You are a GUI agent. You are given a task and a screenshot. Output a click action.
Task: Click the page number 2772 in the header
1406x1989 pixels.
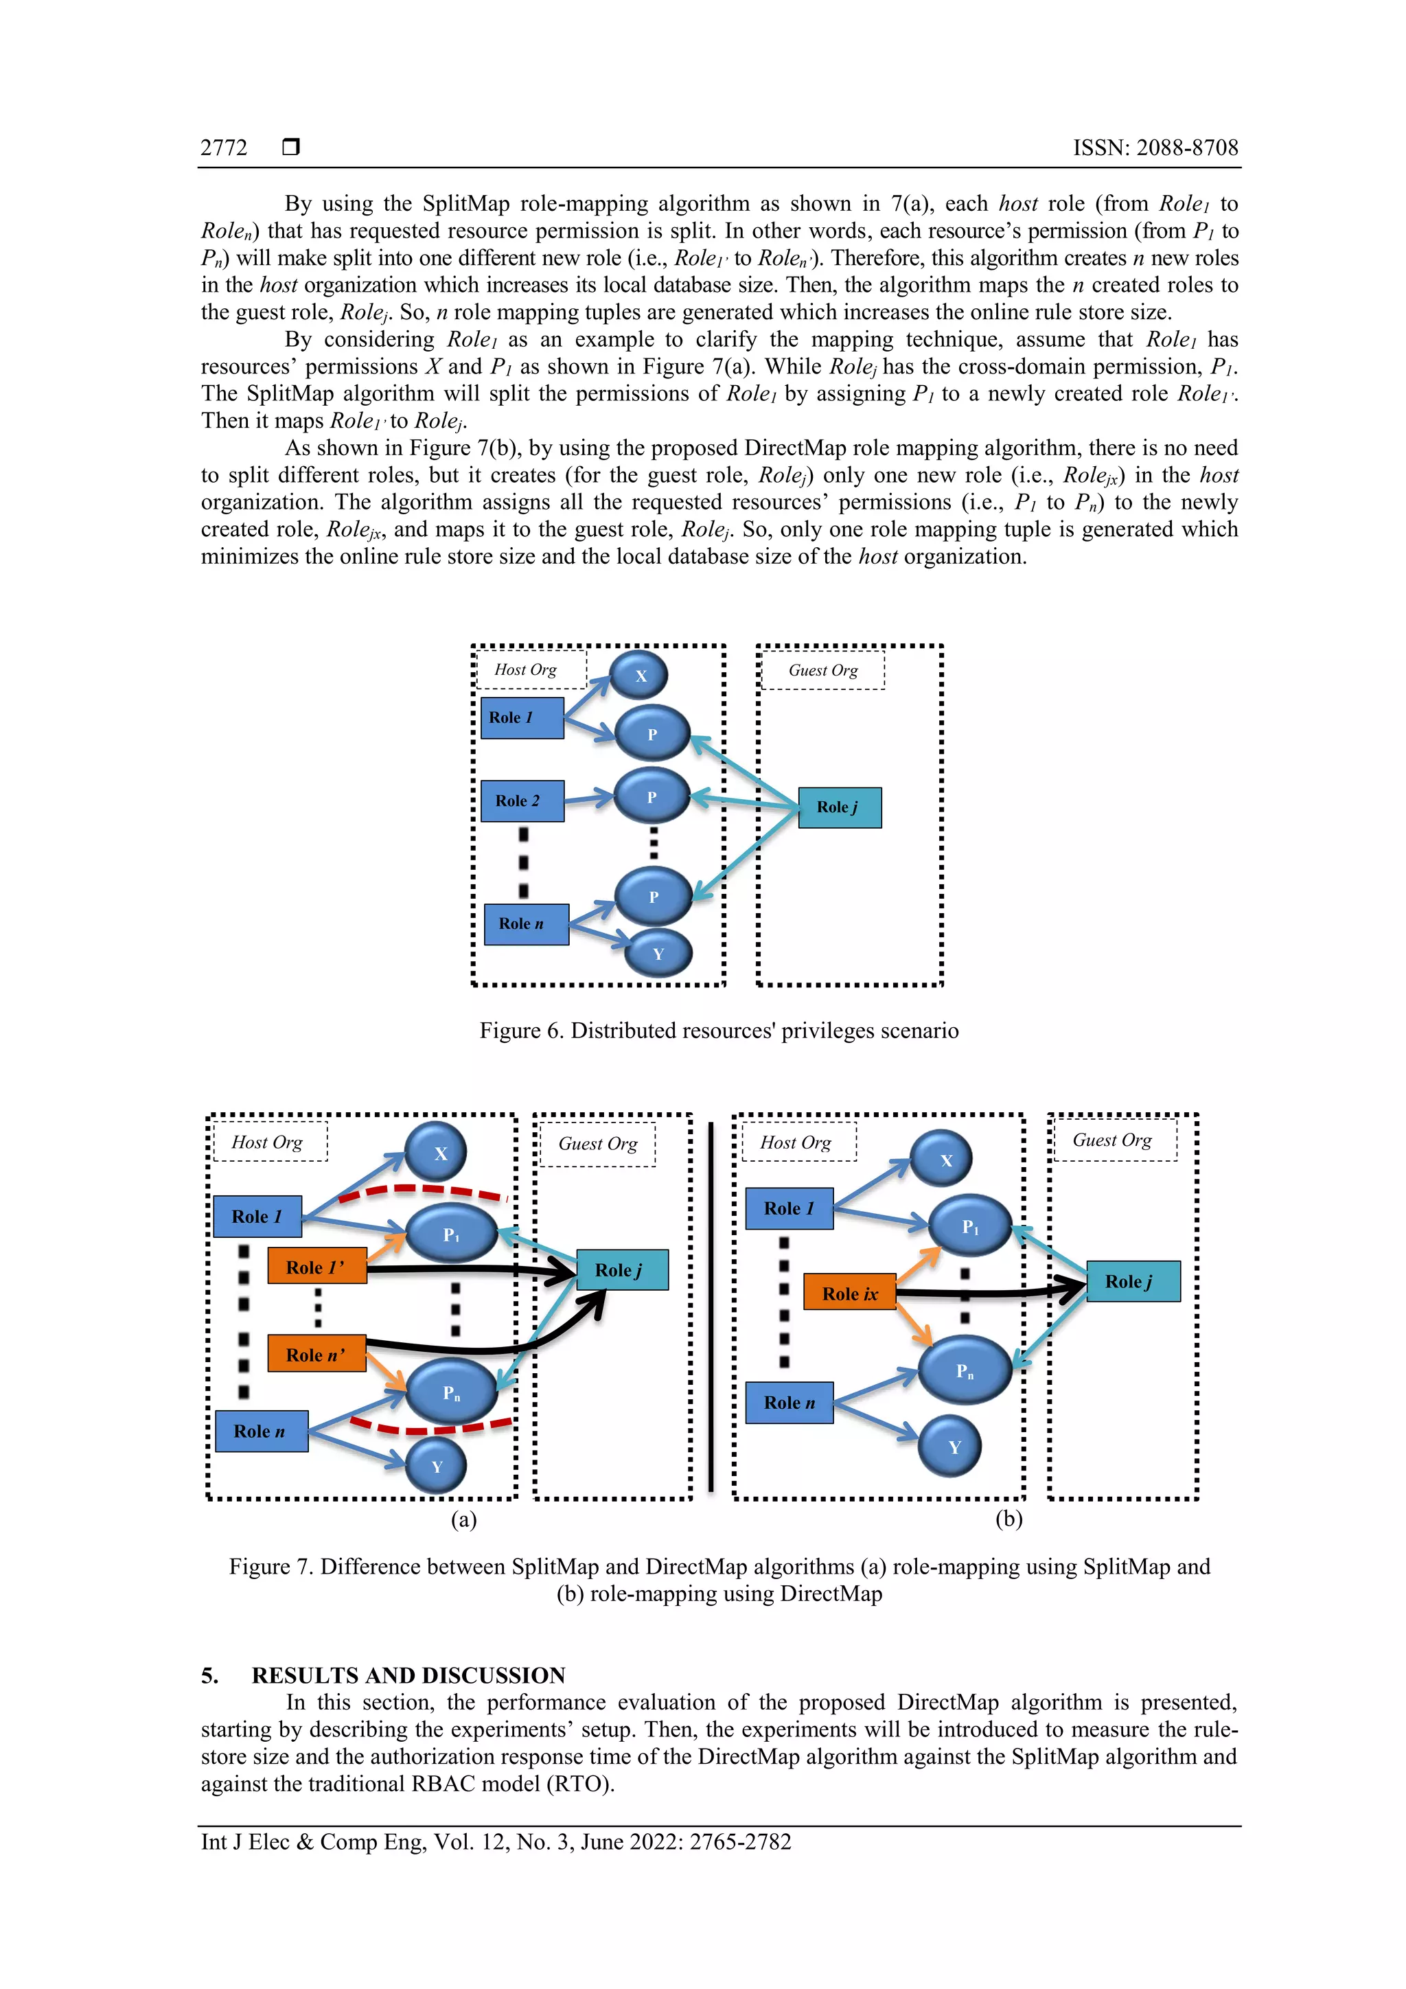coord(224,148)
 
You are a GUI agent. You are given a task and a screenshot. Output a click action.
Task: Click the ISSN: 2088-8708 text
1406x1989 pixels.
coord(1155,148)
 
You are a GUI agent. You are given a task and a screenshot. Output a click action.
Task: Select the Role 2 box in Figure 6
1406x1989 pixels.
coord(522,801)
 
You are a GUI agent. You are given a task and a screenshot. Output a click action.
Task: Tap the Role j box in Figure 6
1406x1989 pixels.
coord(838,807)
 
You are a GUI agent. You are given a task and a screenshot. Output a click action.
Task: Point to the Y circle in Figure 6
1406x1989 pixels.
coord(658,954)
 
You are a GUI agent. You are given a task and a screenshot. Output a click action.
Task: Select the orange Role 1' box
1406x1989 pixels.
coord(317,1267)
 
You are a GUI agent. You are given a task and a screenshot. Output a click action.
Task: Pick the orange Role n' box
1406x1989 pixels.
coord(317,1354)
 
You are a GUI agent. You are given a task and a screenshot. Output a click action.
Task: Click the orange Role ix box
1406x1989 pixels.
coord(849,1294)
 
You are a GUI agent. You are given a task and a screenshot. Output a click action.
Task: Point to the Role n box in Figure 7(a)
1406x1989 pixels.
coord(261,1431)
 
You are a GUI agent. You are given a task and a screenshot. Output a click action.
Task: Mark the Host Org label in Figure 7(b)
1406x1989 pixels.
coord(795,1142)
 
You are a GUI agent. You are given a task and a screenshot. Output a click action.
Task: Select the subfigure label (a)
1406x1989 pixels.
coord(463,1519)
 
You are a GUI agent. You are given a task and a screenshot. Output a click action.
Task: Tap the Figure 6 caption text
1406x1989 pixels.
coord(718,1031)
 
